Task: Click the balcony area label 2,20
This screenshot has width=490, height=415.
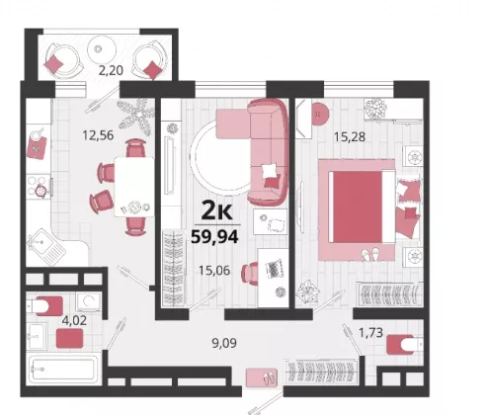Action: coord(111,70)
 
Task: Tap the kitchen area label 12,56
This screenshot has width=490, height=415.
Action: coord(98,135)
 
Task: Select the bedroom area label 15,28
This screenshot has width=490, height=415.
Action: coord(350,136)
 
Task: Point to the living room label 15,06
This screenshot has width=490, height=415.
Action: coord(214,271)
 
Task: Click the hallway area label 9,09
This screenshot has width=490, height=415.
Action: coord(224,343)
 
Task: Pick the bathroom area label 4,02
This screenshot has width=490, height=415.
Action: coord(74,320)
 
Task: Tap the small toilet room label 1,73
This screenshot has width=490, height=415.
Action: coord(370,333)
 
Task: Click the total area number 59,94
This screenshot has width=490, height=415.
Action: coord(214,236)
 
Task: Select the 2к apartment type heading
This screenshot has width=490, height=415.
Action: coord(216,210)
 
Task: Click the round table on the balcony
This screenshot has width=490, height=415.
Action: coord(102,49)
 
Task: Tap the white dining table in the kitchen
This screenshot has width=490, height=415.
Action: coord(134,187)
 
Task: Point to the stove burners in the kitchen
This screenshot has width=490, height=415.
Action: coord(39,187)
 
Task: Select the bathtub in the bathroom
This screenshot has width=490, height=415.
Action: coord(62,370)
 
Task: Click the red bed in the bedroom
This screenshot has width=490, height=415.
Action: coord(358,207)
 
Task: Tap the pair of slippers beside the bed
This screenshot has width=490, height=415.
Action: coord(371,254)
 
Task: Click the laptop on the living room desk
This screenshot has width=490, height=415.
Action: coord(275,269)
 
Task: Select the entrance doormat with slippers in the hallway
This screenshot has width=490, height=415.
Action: coord(262,377)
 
